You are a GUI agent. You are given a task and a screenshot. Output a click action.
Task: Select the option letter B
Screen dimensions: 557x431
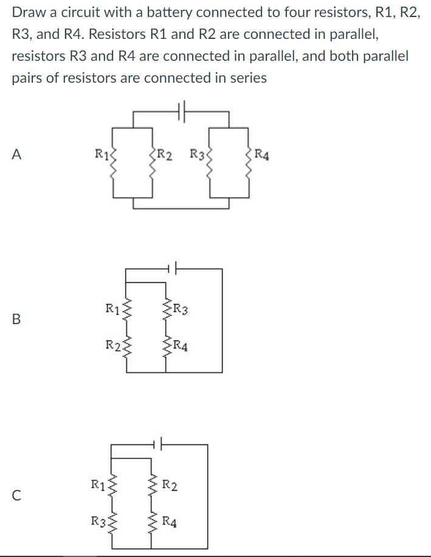pos(16,318)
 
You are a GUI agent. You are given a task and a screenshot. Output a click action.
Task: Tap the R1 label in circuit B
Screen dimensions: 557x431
pos(112,309)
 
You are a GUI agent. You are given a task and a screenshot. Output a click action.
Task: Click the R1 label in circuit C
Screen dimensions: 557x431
pos(98,485)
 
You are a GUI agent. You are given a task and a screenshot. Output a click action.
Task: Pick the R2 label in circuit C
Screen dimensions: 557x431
pos(170,485)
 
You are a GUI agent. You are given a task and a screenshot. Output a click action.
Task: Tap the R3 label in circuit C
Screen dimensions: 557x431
pos(98,521)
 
